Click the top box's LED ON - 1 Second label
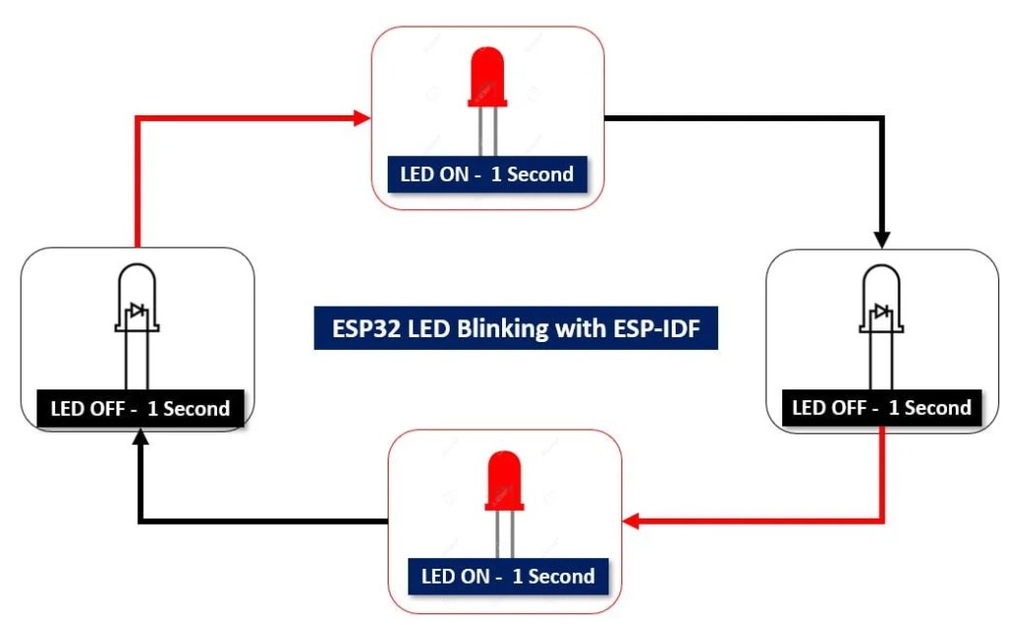click(x=486, y=174)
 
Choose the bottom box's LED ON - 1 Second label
click(x=507, y=576)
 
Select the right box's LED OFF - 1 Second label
click(x=882, y=407)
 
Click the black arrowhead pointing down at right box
click(x=882, y=239)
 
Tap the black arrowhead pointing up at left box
click(x=140, y=441)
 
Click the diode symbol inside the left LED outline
click(x=137, y=312)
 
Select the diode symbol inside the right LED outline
click(x=882, y=312)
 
